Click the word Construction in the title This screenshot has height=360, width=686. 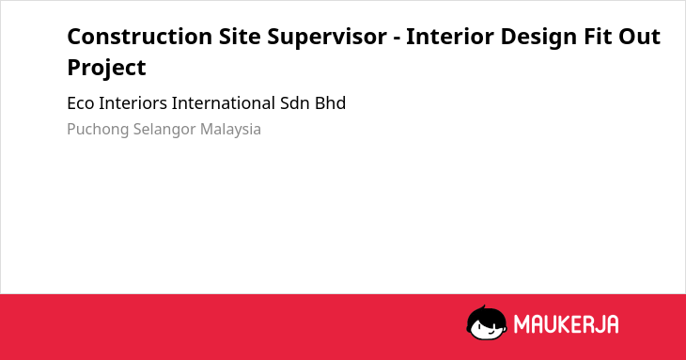140,37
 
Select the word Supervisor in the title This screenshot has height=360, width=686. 327,38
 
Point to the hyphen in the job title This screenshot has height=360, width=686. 397,39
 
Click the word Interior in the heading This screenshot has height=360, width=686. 450,37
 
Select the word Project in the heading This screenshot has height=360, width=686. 106,69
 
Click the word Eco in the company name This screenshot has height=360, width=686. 81,103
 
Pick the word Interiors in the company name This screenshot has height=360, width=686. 133,103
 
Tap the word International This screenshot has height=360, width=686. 223,103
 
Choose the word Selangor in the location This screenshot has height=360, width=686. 164,130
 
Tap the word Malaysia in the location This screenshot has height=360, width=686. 230,130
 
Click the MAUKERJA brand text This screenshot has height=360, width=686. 566,324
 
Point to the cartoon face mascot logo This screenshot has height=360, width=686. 487,322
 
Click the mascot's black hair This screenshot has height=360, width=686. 486,315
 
